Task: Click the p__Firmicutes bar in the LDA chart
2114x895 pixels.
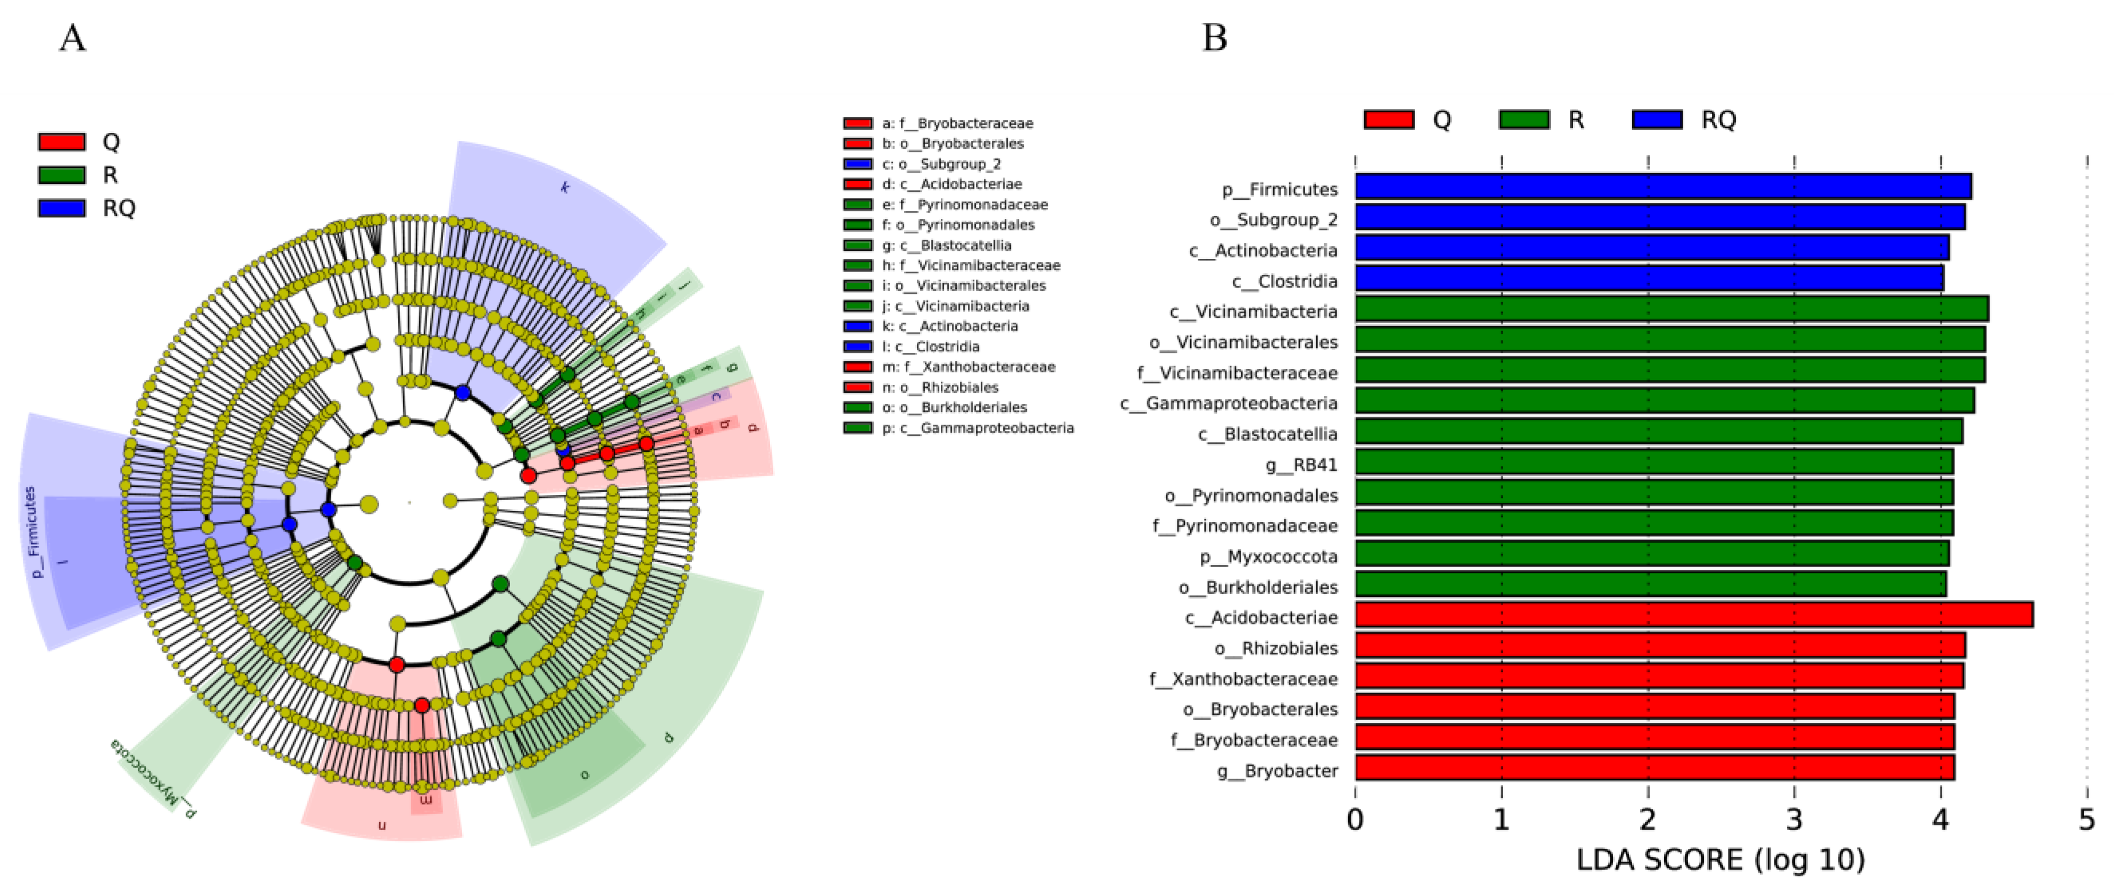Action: (1662, 187)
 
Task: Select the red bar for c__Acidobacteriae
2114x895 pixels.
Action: (1693, 615)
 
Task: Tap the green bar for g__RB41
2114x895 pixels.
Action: (1653, 463)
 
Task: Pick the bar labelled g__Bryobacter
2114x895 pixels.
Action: (1653, 769)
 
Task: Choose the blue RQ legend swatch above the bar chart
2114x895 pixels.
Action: (1657, 120)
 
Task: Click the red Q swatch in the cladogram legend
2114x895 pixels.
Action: (62, 142)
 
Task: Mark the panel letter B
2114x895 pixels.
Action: (1215, 38)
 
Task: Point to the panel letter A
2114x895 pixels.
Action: (72, 38)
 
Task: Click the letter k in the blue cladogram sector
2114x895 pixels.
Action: (565, 187)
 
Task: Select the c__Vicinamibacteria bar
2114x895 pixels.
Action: (1671, 309)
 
